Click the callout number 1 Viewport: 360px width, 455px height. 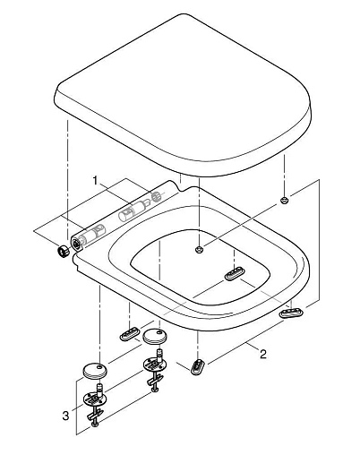(x=95, y=181)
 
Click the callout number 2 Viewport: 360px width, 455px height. (x=262, y=355)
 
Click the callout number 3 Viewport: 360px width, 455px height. (x=65, y=416)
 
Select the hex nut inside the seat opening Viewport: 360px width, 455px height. (x=199, y=249)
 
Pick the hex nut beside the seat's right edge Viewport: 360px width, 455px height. (x=284, y=200)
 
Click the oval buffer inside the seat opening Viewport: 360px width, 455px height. (x=235, y=273)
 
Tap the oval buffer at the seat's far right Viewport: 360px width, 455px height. (x=291, y=313)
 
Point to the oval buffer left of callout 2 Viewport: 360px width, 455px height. (x=198, y=366)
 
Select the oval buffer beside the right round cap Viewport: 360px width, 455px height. (x=130, y=334)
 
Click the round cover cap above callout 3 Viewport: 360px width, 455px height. (x=93, y=371)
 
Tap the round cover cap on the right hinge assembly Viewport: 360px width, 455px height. (x=155, y=336)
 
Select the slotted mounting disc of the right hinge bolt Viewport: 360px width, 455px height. (x=155, y=365)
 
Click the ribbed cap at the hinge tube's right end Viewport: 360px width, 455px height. (x=157, y=196)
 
